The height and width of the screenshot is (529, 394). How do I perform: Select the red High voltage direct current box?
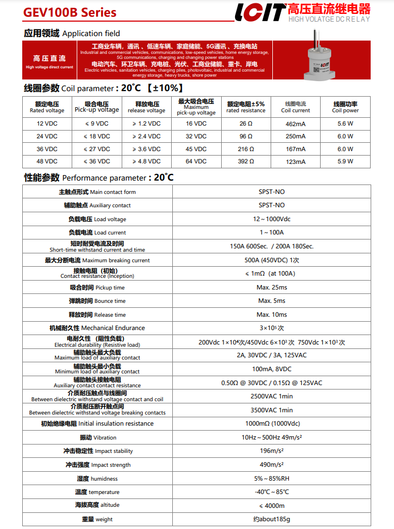(49, 62)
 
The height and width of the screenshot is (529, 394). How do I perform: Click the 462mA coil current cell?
(295, 124)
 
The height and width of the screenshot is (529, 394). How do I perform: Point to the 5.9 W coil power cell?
(345, 162)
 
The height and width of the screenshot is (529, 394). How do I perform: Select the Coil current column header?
(295, 107)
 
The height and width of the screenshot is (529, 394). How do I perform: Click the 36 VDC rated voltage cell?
(47, 149)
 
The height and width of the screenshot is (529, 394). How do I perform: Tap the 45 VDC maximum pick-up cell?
(196, 149)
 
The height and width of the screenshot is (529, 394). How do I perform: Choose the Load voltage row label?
(97, 219)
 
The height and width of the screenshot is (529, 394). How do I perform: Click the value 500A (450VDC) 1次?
(272, 260)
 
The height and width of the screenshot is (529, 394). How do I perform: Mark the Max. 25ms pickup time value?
(272, 287)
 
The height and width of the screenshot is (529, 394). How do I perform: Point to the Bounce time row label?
(97, 301)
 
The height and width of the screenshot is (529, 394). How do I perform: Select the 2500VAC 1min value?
(272, 396)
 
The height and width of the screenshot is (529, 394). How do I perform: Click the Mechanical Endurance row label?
(97, 328)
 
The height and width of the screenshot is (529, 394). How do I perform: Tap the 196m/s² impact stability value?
(272, 451)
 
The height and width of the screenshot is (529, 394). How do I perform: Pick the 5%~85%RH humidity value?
(272, 478)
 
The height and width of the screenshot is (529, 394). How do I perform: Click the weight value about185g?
(272, 519)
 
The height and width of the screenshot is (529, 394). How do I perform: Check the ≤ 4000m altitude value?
(272, 506)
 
